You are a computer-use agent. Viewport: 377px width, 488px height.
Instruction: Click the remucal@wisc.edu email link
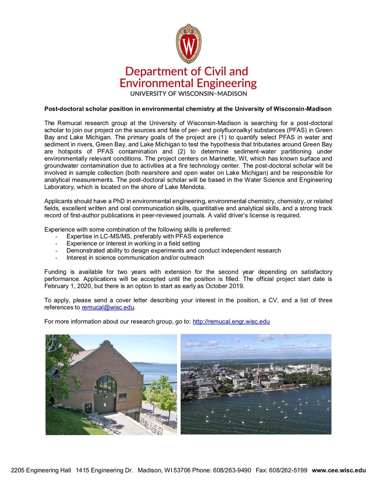pos(108,307)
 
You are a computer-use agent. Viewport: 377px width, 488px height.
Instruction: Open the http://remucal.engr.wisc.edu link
pos(231,321)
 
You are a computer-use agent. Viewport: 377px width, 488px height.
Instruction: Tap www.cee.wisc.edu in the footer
pos(339,470)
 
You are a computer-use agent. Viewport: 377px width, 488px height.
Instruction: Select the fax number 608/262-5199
pos(290,470)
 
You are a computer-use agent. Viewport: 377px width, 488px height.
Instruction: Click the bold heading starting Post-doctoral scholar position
pos(188,109)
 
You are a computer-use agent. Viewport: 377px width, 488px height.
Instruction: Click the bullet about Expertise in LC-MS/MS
pos(145,236)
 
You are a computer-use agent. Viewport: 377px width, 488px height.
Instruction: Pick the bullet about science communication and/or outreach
pos(135,257)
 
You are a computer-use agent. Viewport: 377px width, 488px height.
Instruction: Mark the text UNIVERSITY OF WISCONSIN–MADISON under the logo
pos(188,93)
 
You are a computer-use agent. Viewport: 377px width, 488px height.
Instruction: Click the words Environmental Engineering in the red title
pos(188,83)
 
